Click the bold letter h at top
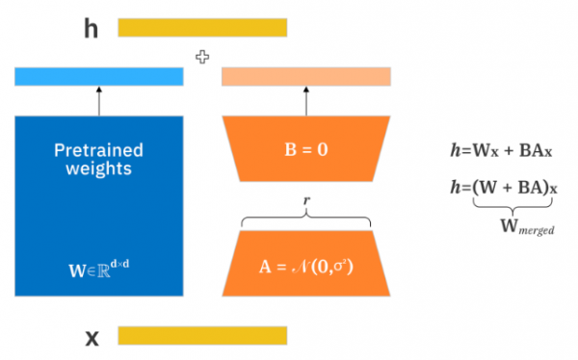click(92, 28)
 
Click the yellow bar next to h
click(202, 28)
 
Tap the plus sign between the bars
click(202, 58)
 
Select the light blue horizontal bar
click(99, 76)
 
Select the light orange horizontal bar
click(306, 76)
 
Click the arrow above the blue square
click(99, 100)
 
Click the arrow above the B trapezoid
click(306, 100)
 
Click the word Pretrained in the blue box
click(99, 151)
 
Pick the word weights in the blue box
click(99, 170)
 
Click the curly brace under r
click(306, 219)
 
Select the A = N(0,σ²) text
click(306, 263)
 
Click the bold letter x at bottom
click(92, 336)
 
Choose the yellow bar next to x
click(202, 335)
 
